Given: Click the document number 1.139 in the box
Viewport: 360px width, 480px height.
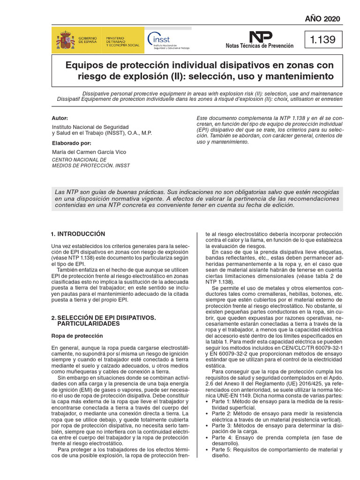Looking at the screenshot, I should [x=323, y=40].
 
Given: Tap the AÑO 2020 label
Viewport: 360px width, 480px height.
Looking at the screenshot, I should [x=322, y=19].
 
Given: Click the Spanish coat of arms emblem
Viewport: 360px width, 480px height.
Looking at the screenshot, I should [x=65, y=39].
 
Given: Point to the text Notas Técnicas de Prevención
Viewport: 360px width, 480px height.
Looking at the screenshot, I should [x=259, y=46].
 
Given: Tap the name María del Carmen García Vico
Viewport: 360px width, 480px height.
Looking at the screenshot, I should [x=89, y=152].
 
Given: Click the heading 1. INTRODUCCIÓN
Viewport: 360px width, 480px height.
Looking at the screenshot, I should [x=78, y=234].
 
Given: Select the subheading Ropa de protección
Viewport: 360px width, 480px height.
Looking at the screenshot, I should [x=77, y=336].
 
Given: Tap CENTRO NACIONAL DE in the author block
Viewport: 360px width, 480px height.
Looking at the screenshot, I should [x=79, y=159].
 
